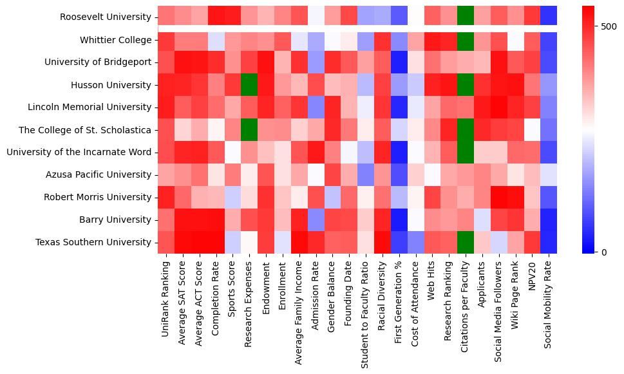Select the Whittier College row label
coord(115,40)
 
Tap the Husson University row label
coord(111,85)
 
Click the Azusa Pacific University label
coord(99,175)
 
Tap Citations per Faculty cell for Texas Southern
coord(464,243)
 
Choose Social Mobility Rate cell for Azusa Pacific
coord(548,175)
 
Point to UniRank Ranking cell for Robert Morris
coord(165,198)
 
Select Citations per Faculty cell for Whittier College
coord(464,40)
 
